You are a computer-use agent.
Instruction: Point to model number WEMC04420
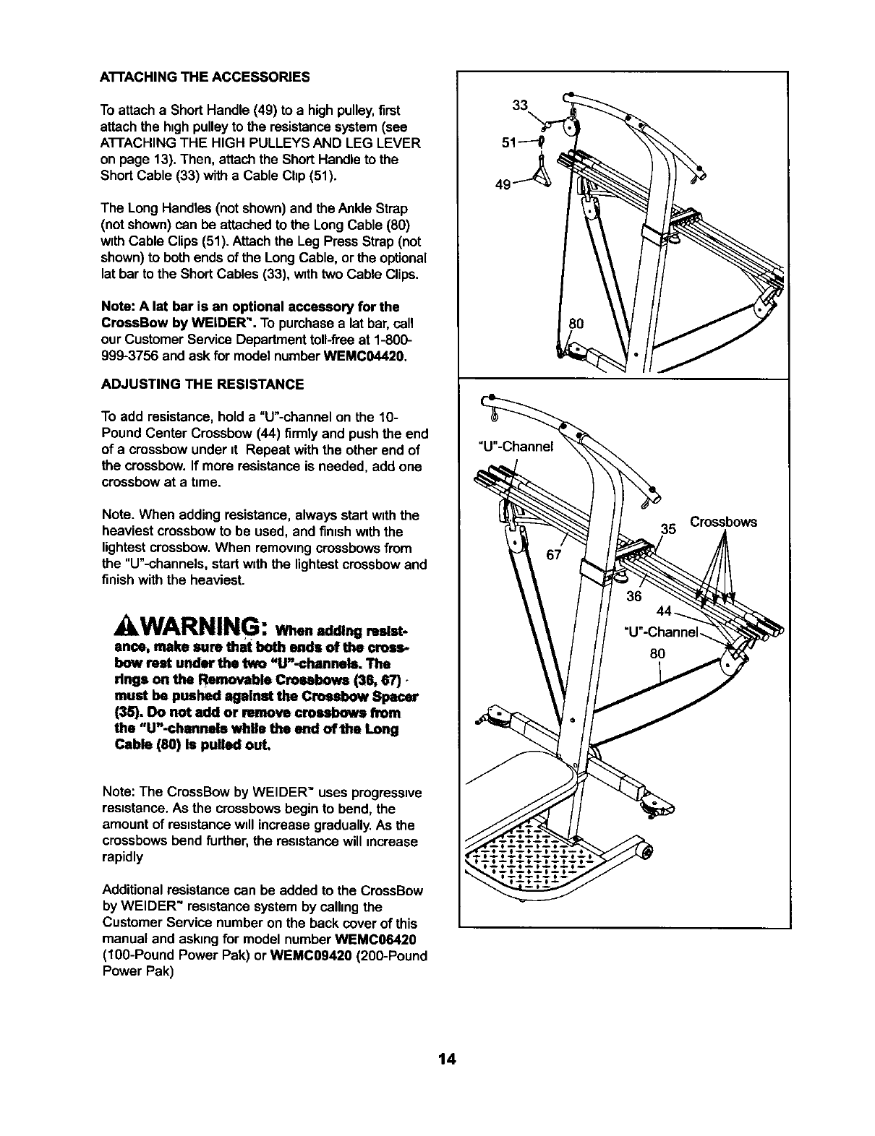tap(364, 356)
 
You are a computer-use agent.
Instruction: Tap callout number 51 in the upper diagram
tap(509, 142)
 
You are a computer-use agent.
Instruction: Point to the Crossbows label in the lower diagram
tap(723, 521)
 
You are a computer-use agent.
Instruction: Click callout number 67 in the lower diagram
tap(555, 554)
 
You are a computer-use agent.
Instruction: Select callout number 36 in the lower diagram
tap(633, 595)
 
